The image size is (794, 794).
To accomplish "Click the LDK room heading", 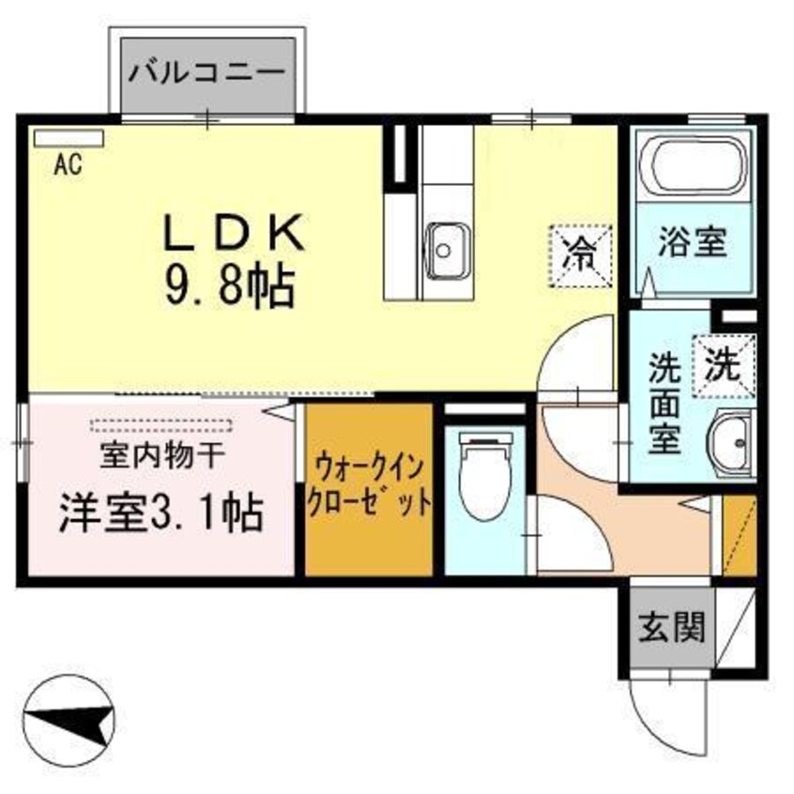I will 235,233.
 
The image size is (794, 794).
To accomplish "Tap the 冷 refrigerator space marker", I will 581,251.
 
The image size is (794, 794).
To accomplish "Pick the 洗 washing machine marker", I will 724,364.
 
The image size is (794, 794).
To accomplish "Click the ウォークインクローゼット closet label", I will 370,483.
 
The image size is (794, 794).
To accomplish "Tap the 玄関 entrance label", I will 672,626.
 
